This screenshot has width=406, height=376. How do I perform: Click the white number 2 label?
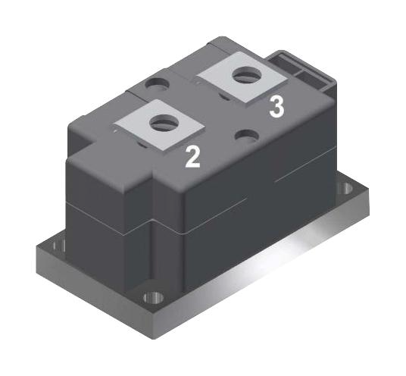pyautogui.click(x=194, y=156)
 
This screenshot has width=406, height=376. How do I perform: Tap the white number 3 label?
pyautogui.click(x=277, y=107)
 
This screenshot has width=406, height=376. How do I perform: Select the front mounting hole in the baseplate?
pyautogui.click(x=155, y=296)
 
